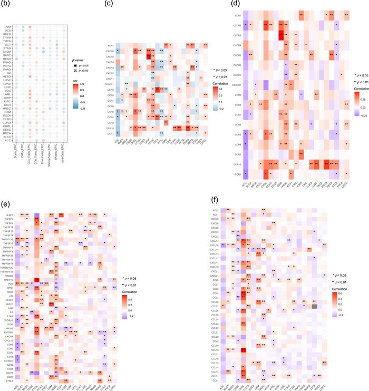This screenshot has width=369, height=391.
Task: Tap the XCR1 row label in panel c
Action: coord(107,46)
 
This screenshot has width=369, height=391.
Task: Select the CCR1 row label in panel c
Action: coord(107,134)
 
